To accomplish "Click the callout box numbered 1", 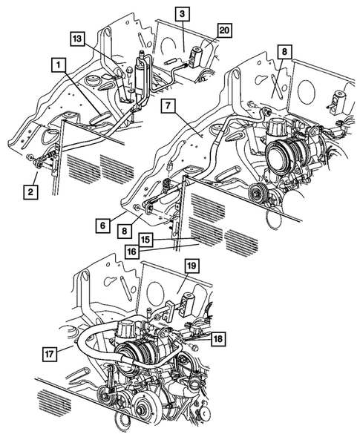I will [56, 65].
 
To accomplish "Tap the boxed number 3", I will [183, 13].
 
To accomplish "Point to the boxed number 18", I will [217, 339].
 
